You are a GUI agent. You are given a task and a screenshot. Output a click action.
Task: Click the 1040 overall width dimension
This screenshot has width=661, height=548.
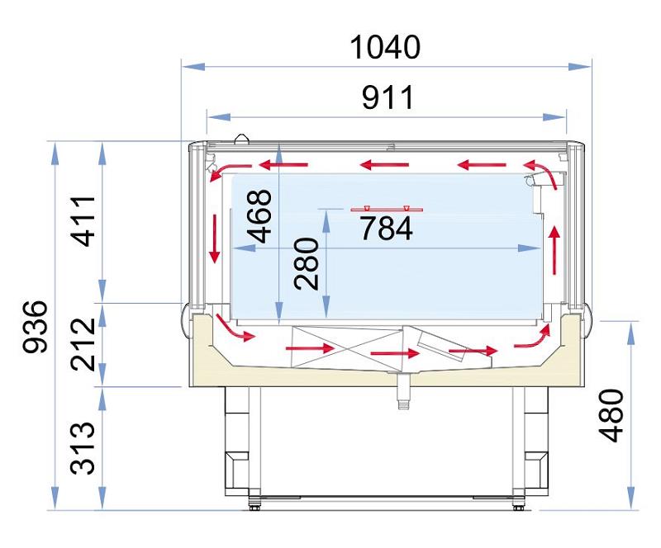pos(385,47)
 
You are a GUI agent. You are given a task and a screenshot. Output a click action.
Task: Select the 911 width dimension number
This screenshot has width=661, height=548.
pos(388,97)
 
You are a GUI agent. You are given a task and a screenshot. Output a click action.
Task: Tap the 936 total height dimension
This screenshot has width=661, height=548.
pos(35,327)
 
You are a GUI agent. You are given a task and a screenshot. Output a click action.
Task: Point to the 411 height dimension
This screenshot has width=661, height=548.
pos(83,220)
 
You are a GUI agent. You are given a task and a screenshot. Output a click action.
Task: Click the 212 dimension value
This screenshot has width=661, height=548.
pos(83,344)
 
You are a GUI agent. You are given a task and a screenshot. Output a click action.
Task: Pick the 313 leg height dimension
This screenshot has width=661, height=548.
pos(83,448)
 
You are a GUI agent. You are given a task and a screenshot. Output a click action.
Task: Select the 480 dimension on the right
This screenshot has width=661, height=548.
pos(611,416)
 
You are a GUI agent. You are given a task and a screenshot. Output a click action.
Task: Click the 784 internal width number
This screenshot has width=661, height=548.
pos(386,228)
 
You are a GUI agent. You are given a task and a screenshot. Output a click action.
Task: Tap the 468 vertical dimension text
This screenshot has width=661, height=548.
pos(259,216)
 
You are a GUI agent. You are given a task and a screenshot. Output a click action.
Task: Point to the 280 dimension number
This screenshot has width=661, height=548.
pos(307,263)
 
